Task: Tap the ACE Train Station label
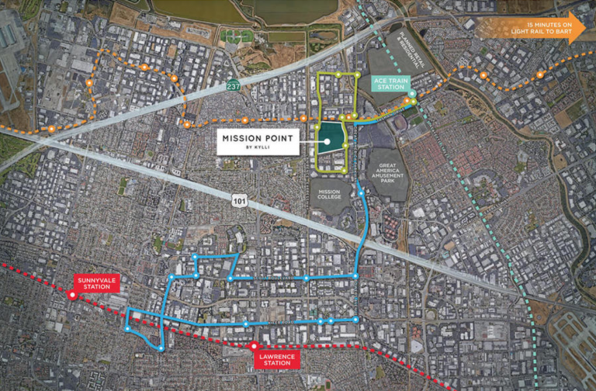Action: [x=390, y=83]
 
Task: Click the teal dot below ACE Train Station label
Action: [x=412, y=95]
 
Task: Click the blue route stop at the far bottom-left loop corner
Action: [x=126, y=329]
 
